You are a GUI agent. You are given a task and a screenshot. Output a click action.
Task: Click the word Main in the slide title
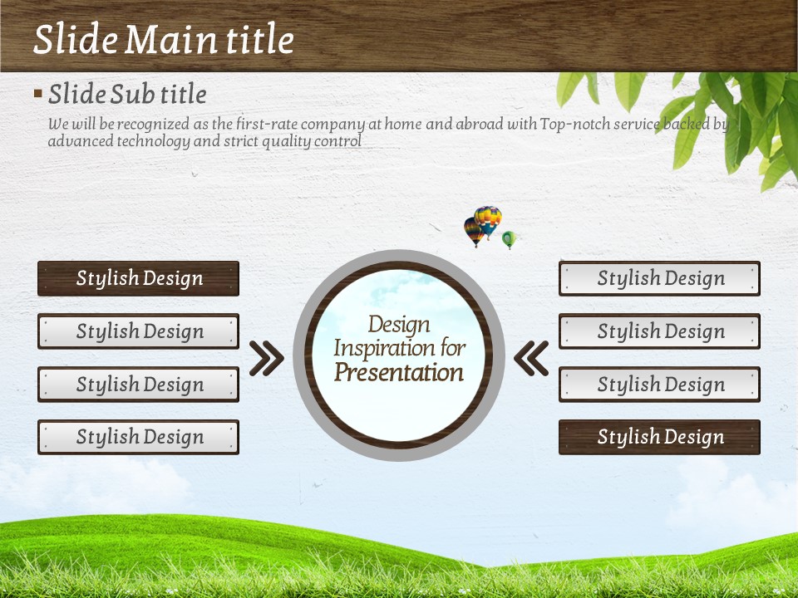pos(170,39)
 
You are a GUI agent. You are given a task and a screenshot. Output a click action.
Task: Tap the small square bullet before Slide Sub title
pos(38,93)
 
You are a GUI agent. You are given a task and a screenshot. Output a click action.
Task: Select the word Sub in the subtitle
pos(132,94)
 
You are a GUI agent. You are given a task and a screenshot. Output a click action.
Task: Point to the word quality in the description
pos(287,141)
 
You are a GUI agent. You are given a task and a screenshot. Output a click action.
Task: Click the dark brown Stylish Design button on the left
pos(139,278)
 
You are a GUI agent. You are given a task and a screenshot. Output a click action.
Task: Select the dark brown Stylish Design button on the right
pos(659,437)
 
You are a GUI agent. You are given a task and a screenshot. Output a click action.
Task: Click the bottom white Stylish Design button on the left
pos(139,437)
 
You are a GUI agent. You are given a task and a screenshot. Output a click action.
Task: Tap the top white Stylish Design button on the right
pos(659,278)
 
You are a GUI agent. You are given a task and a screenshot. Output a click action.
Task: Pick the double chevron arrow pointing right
pos(267,358)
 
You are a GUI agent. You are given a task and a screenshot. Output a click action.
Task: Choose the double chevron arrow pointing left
pos(531,358)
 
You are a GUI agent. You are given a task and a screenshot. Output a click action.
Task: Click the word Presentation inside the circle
pos(399,373)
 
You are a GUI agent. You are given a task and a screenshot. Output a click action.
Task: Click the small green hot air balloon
pos(509,239)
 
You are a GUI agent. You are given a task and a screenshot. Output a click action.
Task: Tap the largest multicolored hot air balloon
pos(488,221)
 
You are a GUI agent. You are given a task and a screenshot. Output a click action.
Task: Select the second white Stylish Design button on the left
pos(139,331)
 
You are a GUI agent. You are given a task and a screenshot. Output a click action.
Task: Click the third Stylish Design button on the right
pos(659,384)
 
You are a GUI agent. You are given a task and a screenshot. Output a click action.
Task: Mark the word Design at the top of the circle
pos(399,325)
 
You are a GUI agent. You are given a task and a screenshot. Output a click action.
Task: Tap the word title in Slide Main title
pos(260,39)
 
